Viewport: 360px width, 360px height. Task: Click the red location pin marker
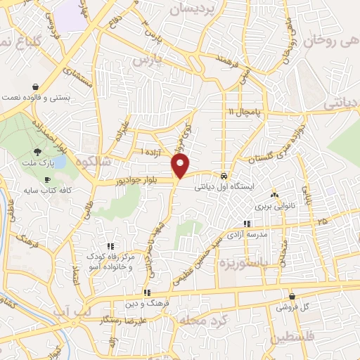pos(181,166)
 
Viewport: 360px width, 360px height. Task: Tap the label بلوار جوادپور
pos(141,181)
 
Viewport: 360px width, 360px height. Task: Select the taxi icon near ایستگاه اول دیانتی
pos(223,176)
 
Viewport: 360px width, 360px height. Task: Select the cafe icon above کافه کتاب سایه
pos(46,181)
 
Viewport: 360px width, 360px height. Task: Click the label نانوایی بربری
pos(272,206)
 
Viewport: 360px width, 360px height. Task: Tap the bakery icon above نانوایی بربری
pos(274,195)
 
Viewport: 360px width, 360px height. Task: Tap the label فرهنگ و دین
pos(147,303)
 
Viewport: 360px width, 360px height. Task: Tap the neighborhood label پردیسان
pos(191,9)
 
